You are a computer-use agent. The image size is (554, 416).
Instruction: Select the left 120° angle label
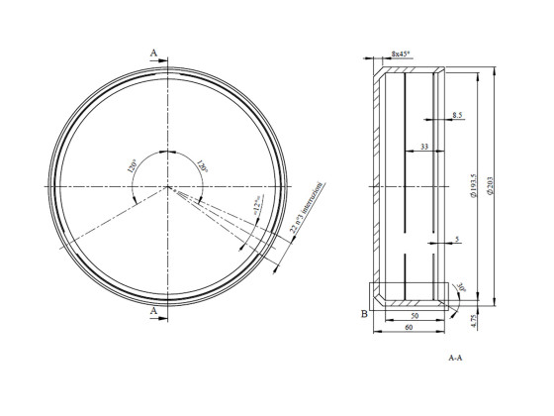(x=132, y=166)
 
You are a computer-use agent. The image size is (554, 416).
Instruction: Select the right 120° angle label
(x=201, y=166)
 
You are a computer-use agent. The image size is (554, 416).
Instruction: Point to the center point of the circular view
(x=168, y=185)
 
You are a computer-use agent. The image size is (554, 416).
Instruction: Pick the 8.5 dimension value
(x=456, y=116)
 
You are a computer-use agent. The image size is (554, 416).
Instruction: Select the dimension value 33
(x=423, y=147)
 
